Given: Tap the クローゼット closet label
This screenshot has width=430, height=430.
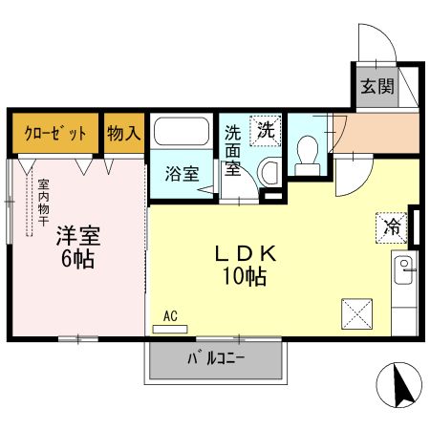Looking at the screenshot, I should coord(54,133).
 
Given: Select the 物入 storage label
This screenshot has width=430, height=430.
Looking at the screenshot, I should coord(123,133).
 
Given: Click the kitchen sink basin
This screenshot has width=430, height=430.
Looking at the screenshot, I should coord(404,266).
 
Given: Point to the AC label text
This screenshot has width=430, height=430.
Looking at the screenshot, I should coord(170,315).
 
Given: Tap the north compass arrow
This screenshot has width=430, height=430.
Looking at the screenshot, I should coord(401,387).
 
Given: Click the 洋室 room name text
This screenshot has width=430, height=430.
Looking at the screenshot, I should coord(77,236).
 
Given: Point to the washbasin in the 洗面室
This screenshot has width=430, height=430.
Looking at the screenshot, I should coord(269,172).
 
